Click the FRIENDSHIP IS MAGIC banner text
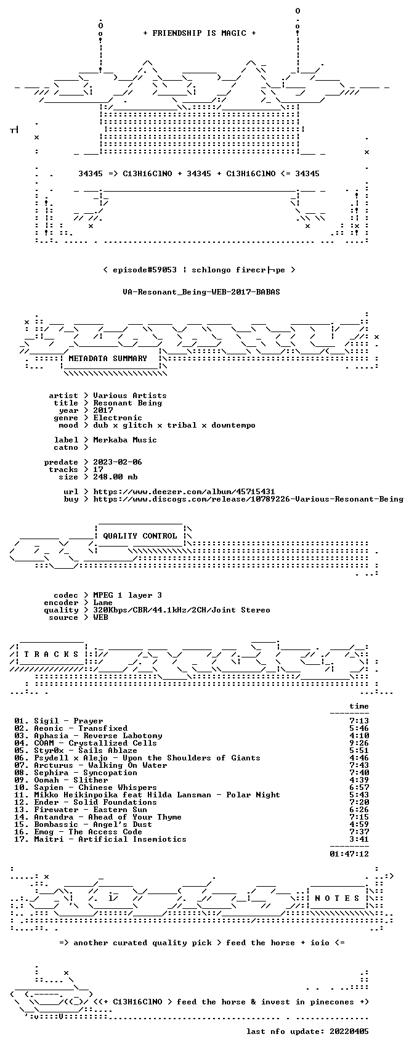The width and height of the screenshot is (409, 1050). [199, 33]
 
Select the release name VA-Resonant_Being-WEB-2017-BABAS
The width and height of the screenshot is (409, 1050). [201, 292]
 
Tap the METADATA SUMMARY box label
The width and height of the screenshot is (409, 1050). [108, 359]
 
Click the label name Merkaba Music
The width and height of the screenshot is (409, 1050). [125, 440]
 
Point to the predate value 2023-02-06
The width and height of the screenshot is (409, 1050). [118, 462]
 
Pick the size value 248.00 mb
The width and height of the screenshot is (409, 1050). [115, 477]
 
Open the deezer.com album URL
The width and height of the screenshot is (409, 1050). [184, 492]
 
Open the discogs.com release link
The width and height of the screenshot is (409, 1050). [248, 499]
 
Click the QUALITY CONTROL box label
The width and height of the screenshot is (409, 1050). [140, 536]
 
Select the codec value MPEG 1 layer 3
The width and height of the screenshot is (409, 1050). [128, 596]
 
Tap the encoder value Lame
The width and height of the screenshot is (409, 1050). [103, 603]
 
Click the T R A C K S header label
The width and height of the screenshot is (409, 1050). [52, 654]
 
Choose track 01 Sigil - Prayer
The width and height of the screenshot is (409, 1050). [59, 722]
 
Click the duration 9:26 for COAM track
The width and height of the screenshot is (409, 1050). [359, 743]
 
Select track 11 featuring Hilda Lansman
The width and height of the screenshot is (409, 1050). [147, 795]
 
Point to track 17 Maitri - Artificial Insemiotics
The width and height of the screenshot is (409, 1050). [100, 839]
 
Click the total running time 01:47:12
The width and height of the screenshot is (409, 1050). [349, 854]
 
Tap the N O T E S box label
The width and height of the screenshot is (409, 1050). [337, 898]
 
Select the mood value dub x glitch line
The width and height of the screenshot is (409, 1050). [174, 426]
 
